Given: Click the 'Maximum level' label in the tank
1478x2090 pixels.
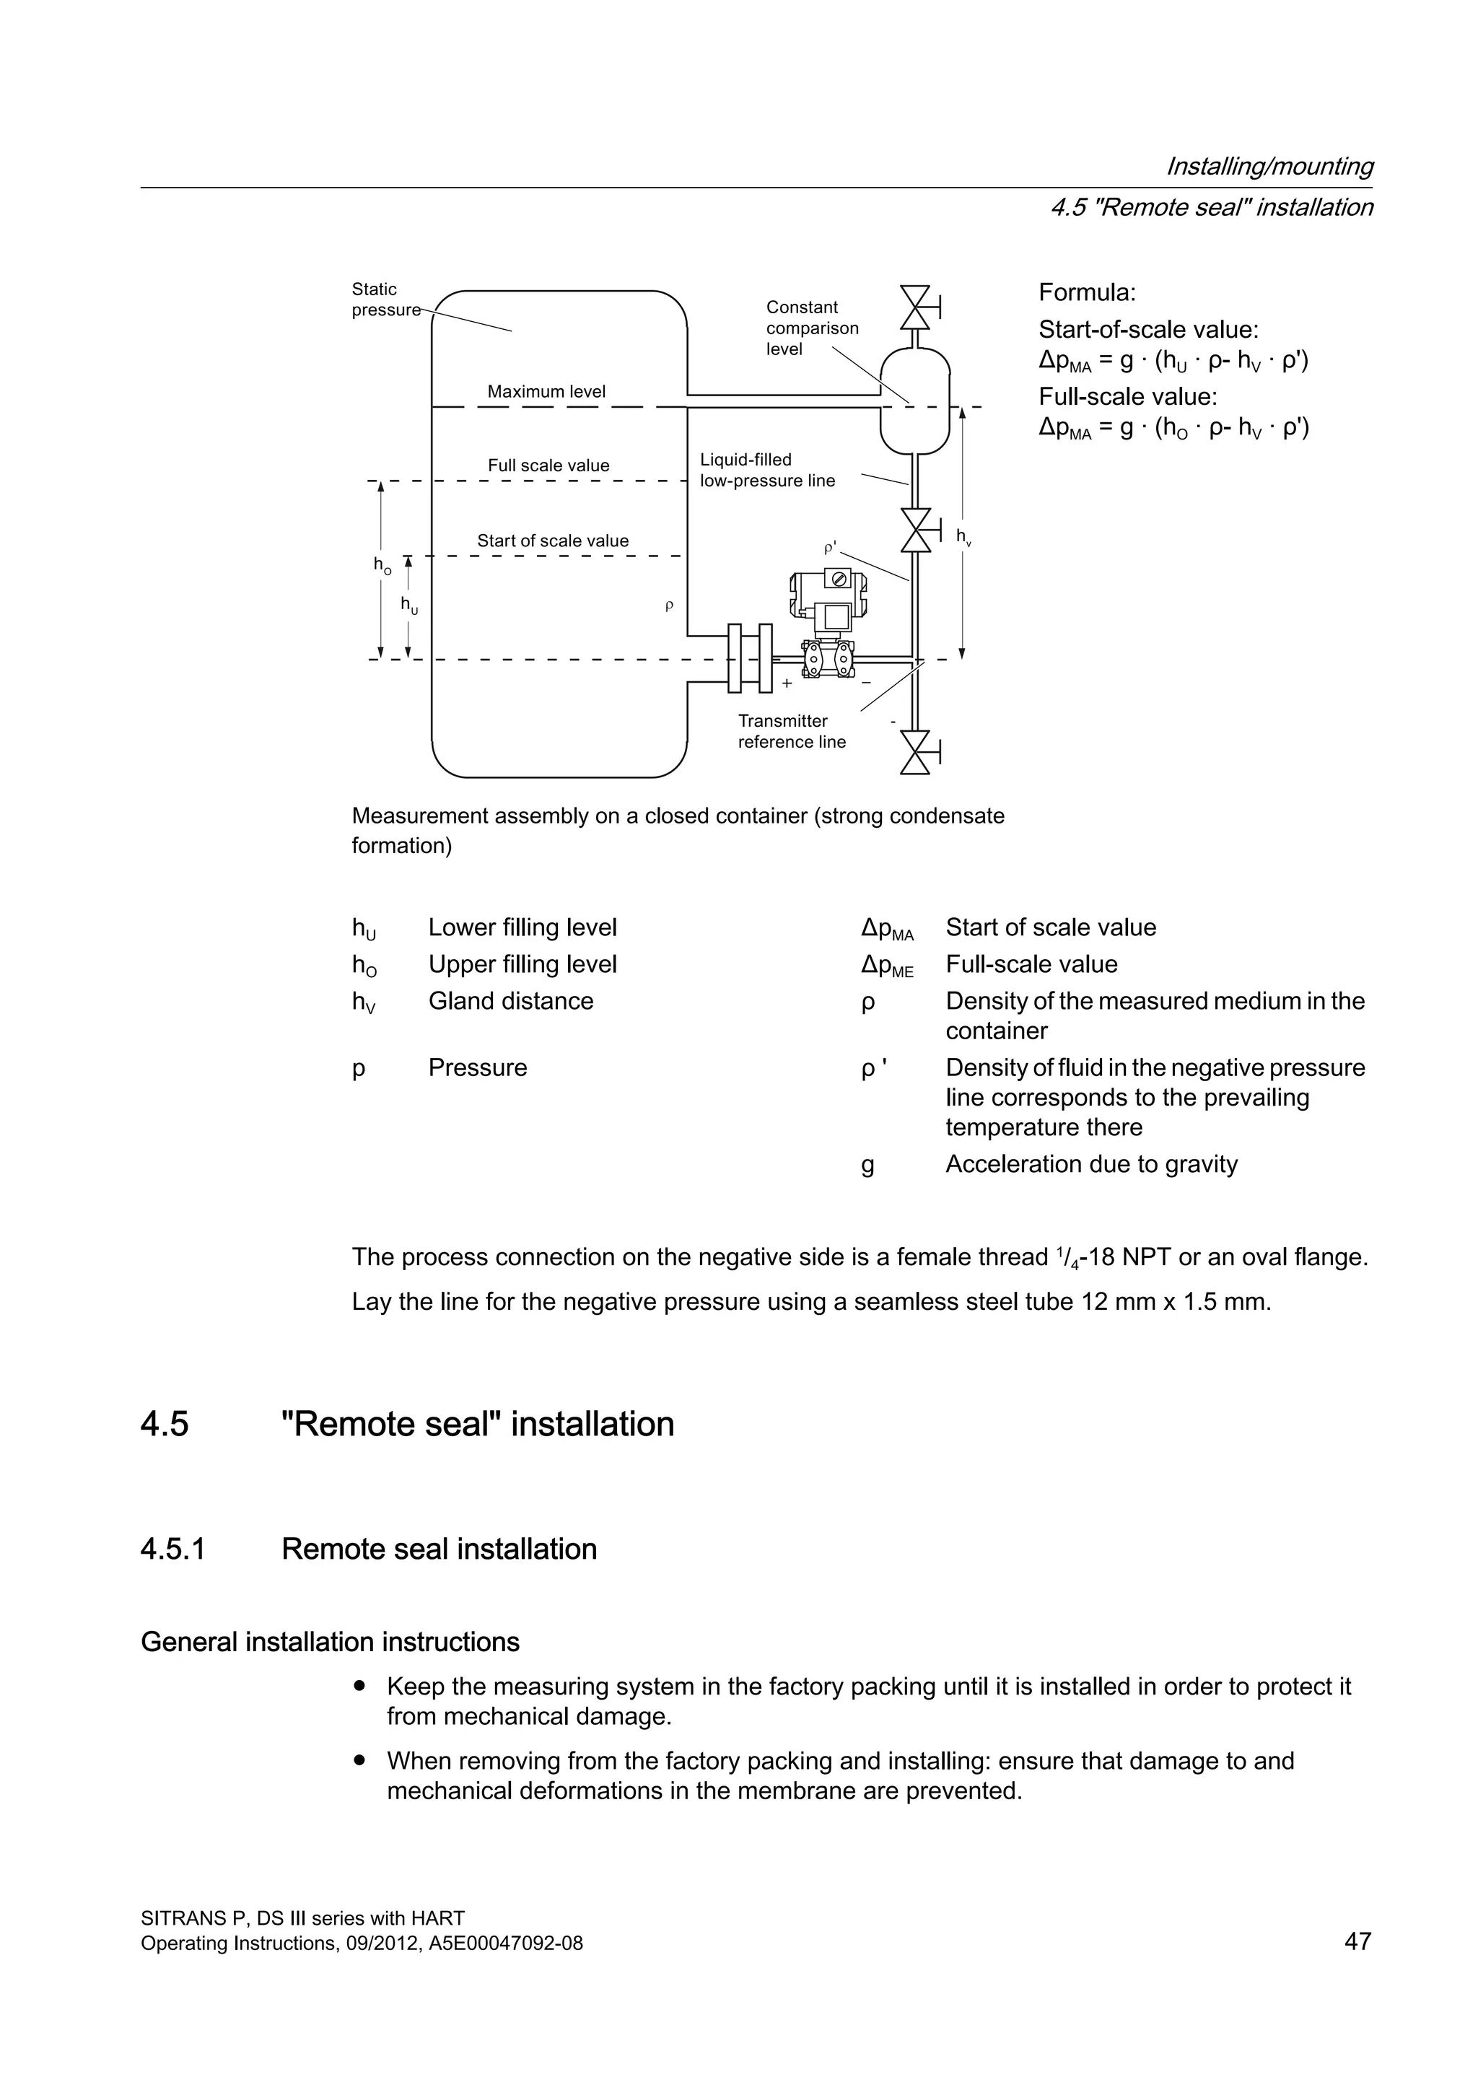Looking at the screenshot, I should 546,391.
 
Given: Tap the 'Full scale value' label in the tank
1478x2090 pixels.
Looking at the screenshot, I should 548,465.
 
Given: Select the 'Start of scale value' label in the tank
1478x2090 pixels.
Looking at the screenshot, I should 552,541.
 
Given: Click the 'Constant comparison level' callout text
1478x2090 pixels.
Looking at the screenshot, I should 812,328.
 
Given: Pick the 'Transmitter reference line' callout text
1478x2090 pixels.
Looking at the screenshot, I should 791,731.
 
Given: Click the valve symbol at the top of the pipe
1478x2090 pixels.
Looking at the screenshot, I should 916,307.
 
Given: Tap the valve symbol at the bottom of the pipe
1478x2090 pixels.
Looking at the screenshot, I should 916,752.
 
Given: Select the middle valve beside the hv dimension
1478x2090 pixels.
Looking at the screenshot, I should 916,530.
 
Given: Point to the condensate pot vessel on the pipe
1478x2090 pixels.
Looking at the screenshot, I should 914,401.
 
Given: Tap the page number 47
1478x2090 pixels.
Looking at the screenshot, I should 1357,1941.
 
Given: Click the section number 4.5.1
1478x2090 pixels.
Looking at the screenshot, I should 173,1549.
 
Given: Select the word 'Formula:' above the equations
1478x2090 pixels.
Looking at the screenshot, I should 1087,292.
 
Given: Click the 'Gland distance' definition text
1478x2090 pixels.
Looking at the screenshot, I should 510,1000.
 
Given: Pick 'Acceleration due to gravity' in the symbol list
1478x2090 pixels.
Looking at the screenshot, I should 1091,1163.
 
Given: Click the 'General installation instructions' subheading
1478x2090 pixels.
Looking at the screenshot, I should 331,1641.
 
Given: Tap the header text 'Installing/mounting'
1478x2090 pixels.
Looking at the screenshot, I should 1269,166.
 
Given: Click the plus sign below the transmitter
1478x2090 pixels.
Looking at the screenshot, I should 787,683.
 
